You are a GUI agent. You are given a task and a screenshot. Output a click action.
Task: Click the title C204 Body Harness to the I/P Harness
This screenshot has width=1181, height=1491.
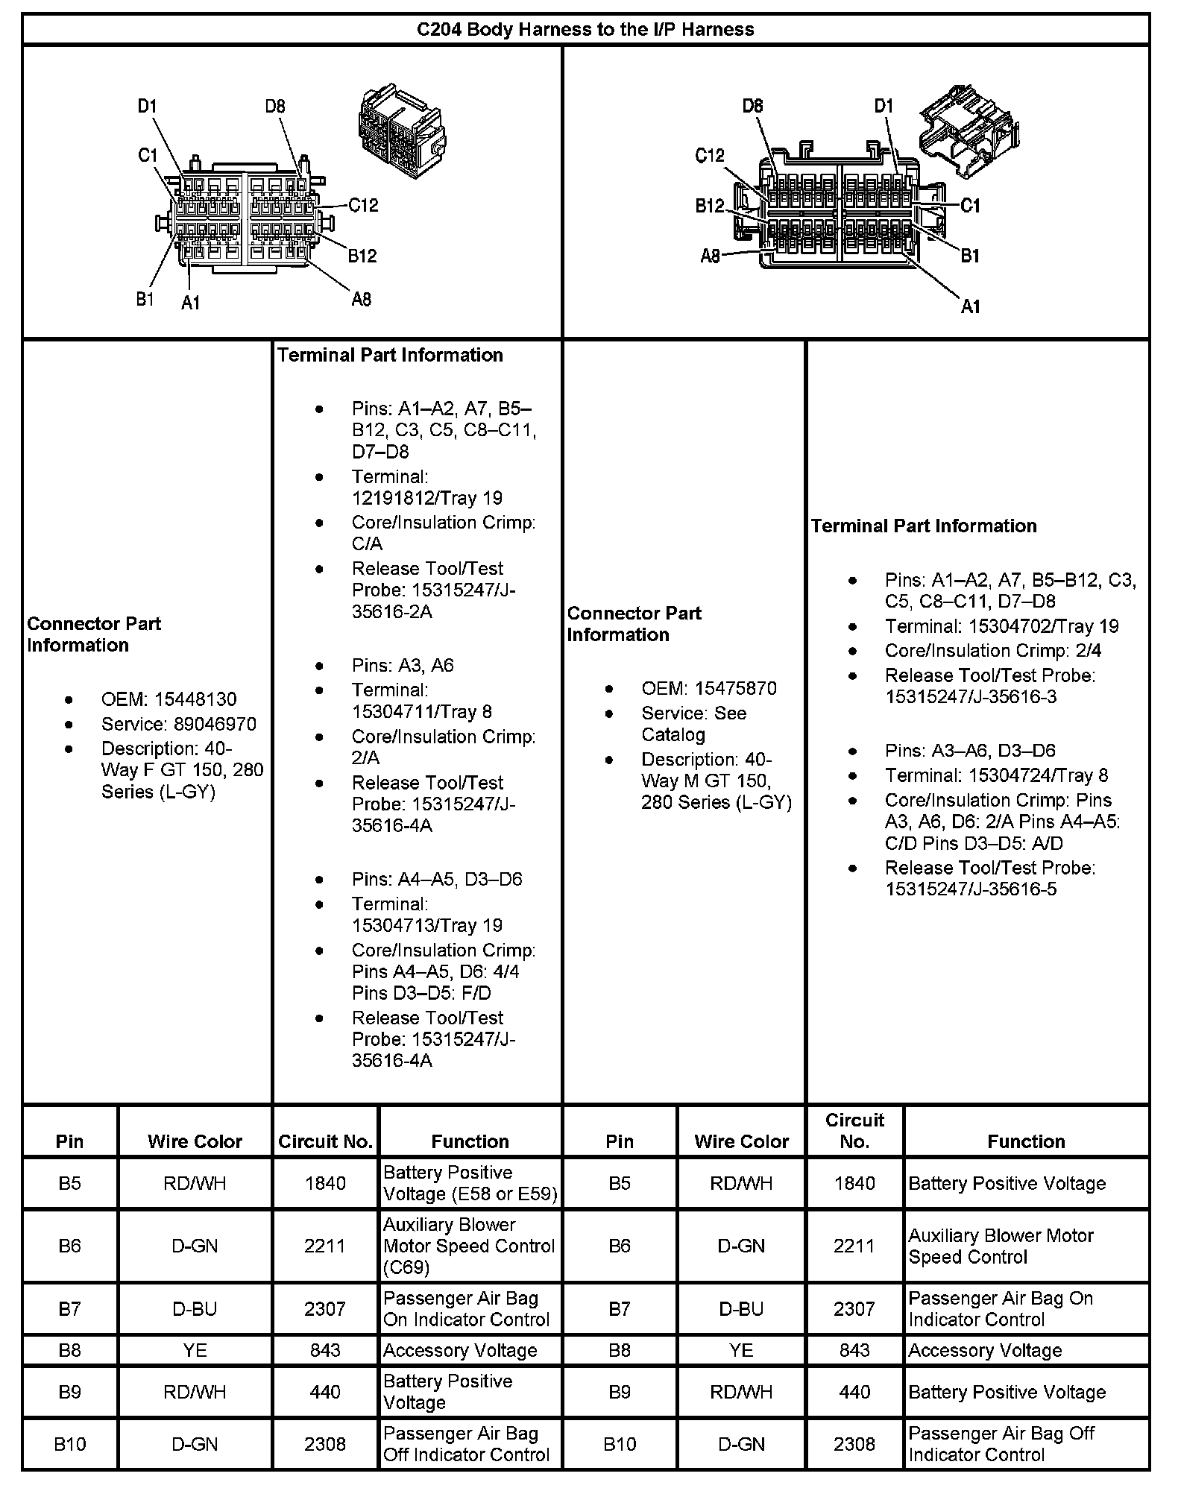pyautogui.click(x=585, y=30)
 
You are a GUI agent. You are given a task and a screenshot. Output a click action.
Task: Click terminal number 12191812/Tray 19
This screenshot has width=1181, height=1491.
pyautogui.click(x=426, y=497)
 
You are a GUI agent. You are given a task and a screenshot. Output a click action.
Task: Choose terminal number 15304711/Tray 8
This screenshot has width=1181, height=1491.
pyautogui.click(x=421, y=711)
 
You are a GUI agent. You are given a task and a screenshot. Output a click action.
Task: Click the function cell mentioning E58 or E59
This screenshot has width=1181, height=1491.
pyautogui.click(x=470, y=1183)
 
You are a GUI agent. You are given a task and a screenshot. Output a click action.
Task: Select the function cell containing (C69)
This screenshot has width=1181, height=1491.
pyautogui.click(x=470, y=1246)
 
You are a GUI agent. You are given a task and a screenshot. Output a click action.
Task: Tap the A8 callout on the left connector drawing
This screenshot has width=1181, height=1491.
pyautogui.click(x=361, y=300)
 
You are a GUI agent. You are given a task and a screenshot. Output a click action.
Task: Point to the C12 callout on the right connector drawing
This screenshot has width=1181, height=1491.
pyautogui.click(x=709, y=156)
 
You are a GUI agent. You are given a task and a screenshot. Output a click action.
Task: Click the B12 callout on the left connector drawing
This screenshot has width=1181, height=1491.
pyautogui.click(x=362, y=256)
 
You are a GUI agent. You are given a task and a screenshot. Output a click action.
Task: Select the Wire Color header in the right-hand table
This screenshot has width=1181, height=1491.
pyautogui.click(x=741, y=1141)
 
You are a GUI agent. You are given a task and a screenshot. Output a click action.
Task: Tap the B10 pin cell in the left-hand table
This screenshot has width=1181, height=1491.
pyautogui.click(x=70, y=1444)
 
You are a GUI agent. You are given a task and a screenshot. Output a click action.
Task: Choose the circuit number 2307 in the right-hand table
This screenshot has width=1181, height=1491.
pyautogui.click(x=854, y=1308)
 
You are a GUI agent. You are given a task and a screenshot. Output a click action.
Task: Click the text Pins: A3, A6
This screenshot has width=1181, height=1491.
pyautogui.click(x=403, y=665)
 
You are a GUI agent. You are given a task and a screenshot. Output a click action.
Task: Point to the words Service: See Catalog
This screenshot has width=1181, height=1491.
pyautogui.click(x=693, y=723)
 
